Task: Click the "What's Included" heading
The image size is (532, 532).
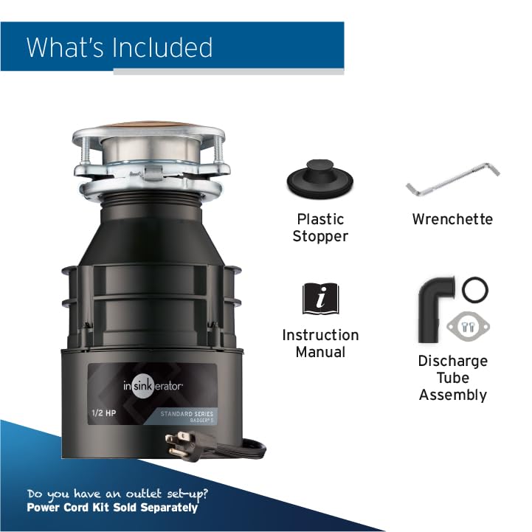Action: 120,47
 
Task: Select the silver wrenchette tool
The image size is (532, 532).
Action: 452,181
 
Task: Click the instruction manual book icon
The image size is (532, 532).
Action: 320,299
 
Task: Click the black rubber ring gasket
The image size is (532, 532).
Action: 476,289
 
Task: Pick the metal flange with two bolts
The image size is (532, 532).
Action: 469,325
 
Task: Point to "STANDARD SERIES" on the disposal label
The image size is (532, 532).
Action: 188,414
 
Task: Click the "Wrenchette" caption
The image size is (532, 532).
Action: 452,219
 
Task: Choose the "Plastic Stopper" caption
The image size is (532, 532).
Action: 320,227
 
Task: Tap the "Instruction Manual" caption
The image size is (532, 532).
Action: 320,343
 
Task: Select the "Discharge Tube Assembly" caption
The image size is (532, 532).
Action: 452,378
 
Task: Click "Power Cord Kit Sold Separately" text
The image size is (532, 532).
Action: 112,508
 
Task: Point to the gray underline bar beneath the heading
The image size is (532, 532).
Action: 229,72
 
